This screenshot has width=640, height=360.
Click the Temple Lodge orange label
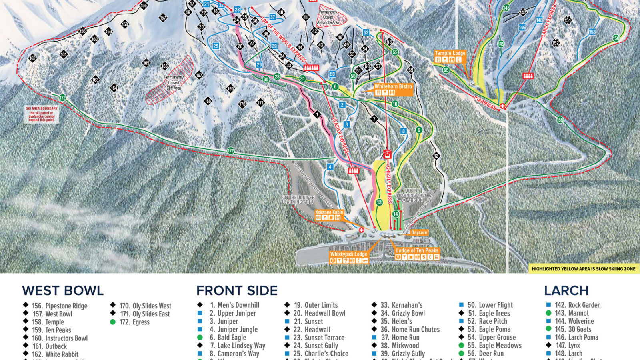pyautogui.click(x=450, y=53)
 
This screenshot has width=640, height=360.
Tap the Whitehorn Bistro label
pyautogui.click(x=393, y=86)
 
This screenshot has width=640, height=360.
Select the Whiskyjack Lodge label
pyautogui.click(x=348, y=254)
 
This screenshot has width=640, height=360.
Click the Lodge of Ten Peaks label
pyautogui.click(x=417, y=250)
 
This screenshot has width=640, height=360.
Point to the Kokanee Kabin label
pyautogui.click(x=329, y=212)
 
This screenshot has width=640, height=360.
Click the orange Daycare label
pyautogui.click(x=419, y=232)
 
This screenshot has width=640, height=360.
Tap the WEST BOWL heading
pyautogui.click(x=63, y=290)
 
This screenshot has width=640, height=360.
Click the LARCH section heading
pyautogui.click(x=566, y=290)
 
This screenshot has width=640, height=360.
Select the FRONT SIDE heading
pyautogui.click(x=237, y=290)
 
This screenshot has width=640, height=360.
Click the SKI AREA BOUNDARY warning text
pyautogui.click(x=42, y=114)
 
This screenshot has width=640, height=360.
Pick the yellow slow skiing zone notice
pyautogui.click(x=583, y=269)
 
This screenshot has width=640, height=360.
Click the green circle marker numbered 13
pyautogui.click(x=379, y=202)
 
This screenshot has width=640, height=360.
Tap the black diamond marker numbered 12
pyautogui.click(x=436, y=156)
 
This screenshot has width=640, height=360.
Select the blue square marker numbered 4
pyautogui.click(x=330, y=167)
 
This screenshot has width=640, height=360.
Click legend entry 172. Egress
pyautogui.click(x=134, y=322)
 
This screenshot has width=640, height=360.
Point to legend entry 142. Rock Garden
pyautogui.click(x=577, y=305)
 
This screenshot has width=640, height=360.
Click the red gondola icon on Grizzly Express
pyautogui.click(x=387, y=154)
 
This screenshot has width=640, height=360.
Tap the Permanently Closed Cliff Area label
pyautogui.click(x=174, y=82)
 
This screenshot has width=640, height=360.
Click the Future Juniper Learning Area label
pyautogui.click(x=298, y=200)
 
